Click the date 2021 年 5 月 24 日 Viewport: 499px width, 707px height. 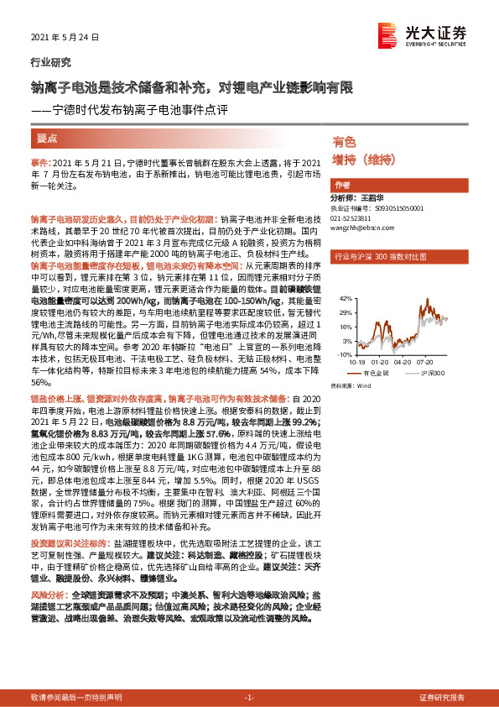pyautogui.click(x=65, y=38)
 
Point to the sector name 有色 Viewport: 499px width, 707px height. pyautogui.click(x=344, y=141)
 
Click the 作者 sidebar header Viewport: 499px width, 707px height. pyautogui.click(x=342, y=185)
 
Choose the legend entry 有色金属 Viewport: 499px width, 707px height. pyautogui.click(x=375, y=372)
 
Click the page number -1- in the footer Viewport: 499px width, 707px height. pyautogui.click(x=249, y=698)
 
